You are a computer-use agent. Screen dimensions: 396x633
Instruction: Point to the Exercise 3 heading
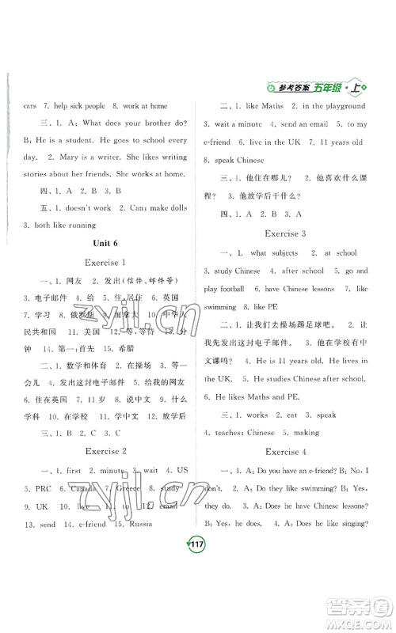[290, 234]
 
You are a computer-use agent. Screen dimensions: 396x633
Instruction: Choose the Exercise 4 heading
[290, 452]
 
